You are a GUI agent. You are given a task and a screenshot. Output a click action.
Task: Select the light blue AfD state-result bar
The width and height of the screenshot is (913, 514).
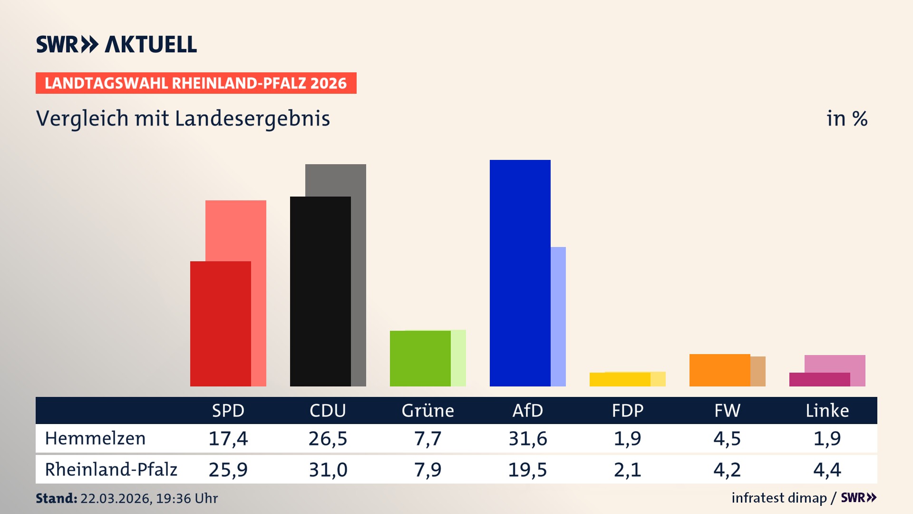pos(558,316)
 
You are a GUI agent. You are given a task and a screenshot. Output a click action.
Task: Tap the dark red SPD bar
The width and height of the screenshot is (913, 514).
pos(220,324)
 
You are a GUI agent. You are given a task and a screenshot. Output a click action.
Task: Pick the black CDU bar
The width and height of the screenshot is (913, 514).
pos(320,291)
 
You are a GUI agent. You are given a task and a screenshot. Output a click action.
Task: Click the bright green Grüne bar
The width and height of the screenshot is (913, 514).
pos(420,358)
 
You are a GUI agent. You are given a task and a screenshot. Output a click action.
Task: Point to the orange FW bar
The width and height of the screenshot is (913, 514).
pos(719,370)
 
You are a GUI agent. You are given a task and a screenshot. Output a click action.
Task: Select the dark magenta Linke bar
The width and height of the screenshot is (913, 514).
pos(819,379)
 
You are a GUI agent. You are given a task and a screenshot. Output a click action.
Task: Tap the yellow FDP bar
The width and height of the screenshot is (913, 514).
pos(620,379)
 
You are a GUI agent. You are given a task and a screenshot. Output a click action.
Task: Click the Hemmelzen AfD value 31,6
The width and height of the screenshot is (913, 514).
pos(528,438)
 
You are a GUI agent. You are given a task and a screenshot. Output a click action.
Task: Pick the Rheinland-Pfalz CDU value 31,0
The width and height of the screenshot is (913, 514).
pos(328,470)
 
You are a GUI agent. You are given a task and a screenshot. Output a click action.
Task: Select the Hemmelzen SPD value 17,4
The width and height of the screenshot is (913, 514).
pos(228,438)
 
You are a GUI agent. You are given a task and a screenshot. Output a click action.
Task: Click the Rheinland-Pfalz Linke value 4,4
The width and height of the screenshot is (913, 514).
pos(827,470)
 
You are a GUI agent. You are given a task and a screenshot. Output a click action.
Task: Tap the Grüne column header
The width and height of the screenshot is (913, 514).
pos(427,410)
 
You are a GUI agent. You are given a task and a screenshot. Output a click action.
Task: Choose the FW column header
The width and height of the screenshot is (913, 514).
pos(727,410)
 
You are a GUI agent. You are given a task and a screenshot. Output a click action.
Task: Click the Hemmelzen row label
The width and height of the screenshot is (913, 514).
pos(95,438)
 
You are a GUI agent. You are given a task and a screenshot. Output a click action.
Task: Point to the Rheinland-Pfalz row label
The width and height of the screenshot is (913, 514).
pos(111,470)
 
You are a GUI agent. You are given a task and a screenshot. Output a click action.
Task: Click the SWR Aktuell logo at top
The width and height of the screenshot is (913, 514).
pos(117,44)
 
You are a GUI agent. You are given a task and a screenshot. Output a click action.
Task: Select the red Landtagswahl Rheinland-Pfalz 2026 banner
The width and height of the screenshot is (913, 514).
pos(196,83)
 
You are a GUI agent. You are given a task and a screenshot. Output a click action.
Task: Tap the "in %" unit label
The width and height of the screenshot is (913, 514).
pos(846,119)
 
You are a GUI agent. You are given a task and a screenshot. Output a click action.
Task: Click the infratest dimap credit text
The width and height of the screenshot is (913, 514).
pos(779,498)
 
